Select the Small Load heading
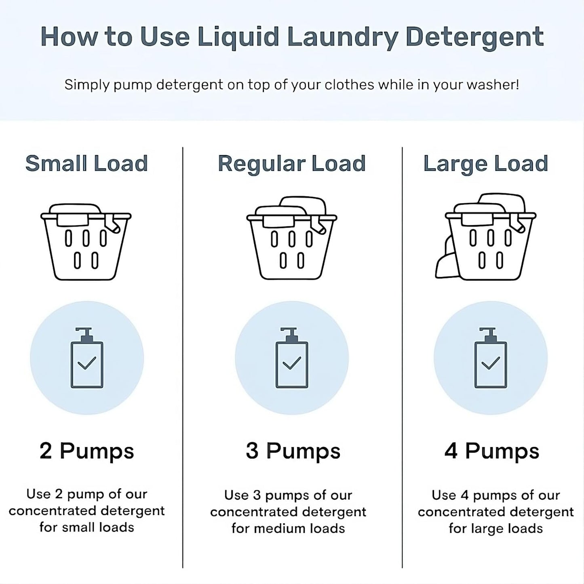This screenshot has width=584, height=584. coord(86,164)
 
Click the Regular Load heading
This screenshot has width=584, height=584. coord(291,164)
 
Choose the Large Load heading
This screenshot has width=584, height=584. coord(485,164)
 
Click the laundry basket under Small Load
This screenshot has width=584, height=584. coord(86,247)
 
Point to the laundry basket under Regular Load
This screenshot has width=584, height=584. coord(291,247)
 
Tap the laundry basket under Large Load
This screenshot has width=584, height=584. coord(490,247)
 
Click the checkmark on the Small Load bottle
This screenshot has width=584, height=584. coord(87,363)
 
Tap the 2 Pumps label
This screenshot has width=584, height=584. coord(86,451)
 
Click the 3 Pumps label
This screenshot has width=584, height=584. coord(293,451)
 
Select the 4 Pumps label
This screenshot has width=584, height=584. coord(491,451)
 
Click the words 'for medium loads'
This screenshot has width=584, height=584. coord(288,529)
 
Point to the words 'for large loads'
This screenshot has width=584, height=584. coord(495,529)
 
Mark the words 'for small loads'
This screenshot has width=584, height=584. coord(86,527)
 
